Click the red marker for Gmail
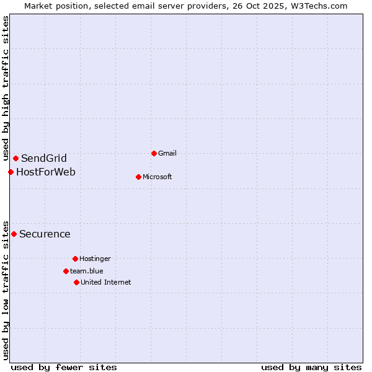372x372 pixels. coord(154,153)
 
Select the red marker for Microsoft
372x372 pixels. coord(138,177)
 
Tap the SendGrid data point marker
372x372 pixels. coord(15,158)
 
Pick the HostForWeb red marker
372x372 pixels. coord(11,172)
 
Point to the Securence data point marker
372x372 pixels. coord(14,234)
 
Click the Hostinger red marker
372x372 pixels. coord(75,259)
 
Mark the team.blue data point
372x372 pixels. coord(66,271)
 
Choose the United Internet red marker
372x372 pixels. coord(76,282)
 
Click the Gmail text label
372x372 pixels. coord(167,153)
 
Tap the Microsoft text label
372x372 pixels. coord(157,177)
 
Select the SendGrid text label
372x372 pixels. coord(44,158)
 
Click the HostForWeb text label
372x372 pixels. coord(46,172)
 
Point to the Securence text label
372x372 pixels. coord(45,234)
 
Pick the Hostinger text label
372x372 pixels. coord(95,259)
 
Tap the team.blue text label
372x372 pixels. coord(87,271)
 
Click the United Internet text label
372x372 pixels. coord(106,282)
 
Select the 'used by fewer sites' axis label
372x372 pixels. coord(64,367)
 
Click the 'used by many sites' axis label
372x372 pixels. coord(311,367)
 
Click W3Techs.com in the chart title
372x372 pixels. coord(317,6)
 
